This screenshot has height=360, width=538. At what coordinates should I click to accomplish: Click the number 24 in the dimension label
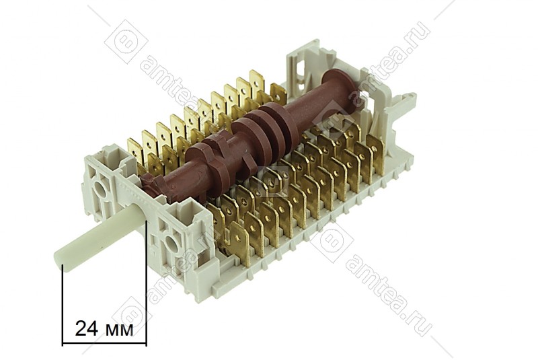point(87,329)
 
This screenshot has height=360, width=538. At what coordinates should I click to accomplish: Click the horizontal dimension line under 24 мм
point(104,345)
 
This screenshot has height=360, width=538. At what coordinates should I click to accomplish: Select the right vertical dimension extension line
point(147,283)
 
